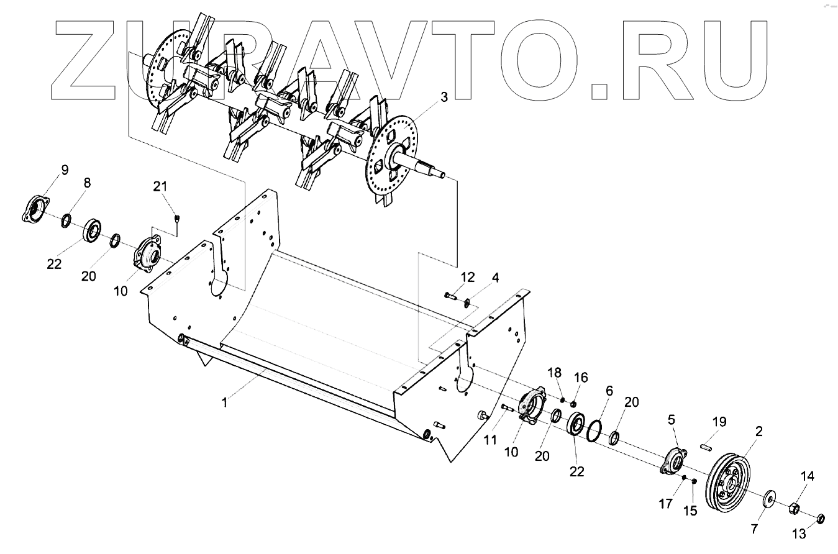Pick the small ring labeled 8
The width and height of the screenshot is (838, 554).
(x=66, y=219)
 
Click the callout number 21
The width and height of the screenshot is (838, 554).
(x=161, y=186)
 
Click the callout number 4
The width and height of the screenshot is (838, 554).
(x=495, y=277)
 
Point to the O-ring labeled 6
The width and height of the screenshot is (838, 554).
(x=594, y=429)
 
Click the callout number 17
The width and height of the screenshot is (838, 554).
(x=665, y=504)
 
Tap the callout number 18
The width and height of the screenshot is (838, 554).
(x=554, y=373)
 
